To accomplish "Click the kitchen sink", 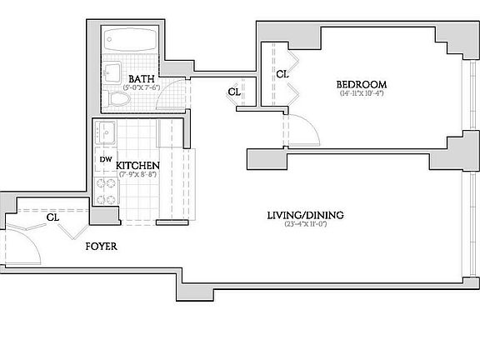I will click(104, 132).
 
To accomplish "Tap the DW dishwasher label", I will click(105, 158).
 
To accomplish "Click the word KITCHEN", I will click(137, 164).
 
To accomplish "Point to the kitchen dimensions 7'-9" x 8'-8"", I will click(137, 174).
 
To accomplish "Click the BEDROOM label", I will click(361, 84).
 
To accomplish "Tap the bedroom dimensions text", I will click(361, 93).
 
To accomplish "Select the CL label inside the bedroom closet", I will click(282, 74).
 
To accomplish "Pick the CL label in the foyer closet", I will click(52, 217).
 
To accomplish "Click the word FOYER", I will click(100, 247).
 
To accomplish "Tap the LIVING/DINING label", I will click(306, 215).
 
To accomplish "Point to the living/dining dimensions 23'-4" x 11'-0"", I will click(306, 224).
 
